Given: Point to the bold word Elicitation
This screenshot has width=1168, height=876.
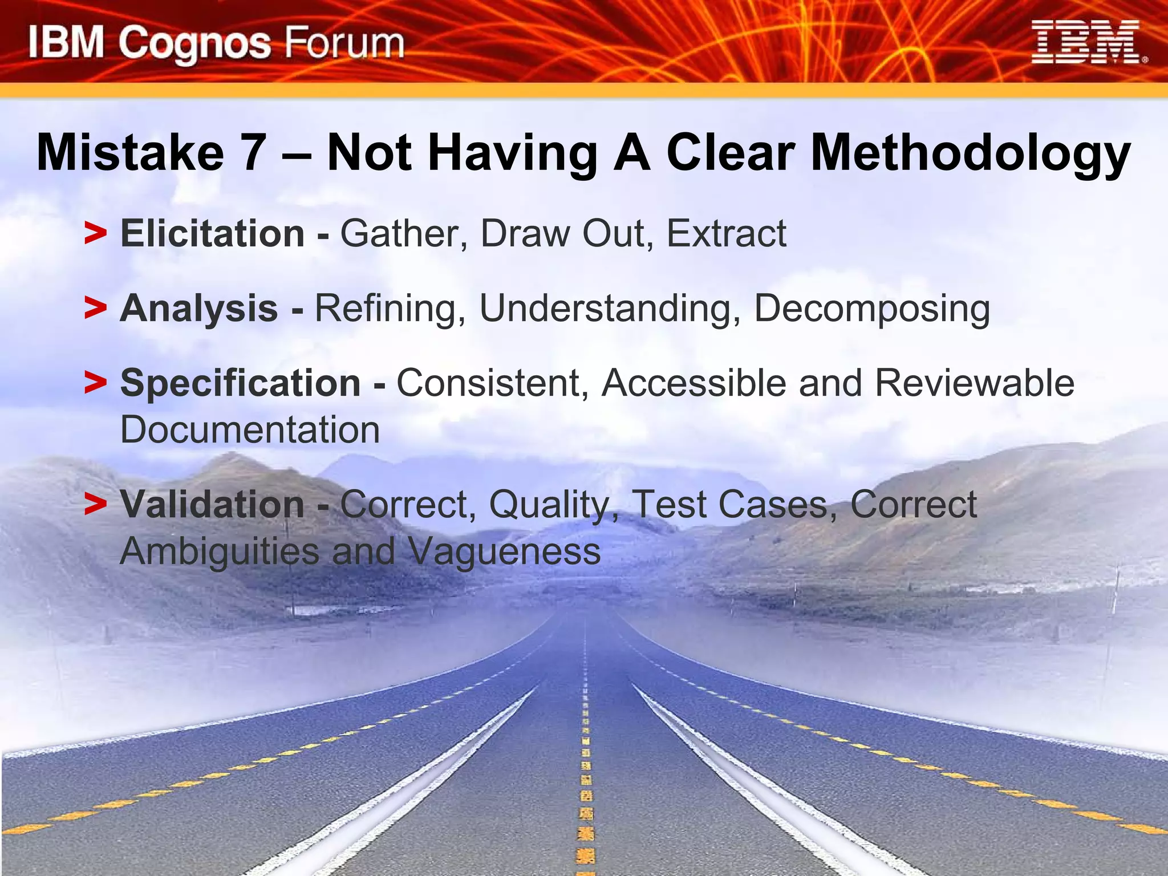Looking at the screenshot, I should (x=213, y=233).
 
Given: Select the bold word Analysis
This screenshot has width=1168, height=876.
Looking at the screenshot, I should (x=199, y=308).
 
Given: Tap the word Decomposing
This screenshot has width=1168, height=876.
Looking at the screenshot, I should (x=872, y=309).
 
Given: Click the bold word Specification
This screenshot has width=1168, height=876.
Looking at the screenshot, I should (x=240, y=383).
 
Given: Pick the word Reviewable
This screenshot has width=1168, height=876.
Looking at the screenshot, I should (x=974, y=383).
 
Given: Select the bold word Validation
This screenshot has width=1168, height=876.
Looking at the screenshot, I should (x=212, y=504).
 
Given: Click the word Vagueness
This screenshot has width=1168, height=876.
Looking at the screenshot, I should (x=504, y=551).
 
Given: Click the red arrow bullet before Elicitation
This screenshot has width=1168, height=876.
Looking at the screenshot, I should (x=95, y=234).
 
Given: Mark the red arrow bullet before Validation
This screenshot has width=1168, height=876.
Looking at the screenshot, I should (x=95, y=505).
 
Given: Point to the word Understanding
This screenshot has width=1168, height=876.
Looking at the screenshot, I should (x=605, y=309).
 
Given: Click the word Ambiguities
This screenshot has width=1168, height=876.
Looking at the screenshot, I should (x=220, y=551).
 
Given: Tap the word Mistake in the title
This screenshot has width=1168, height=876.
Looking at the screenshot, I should (x=130, y=153).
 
